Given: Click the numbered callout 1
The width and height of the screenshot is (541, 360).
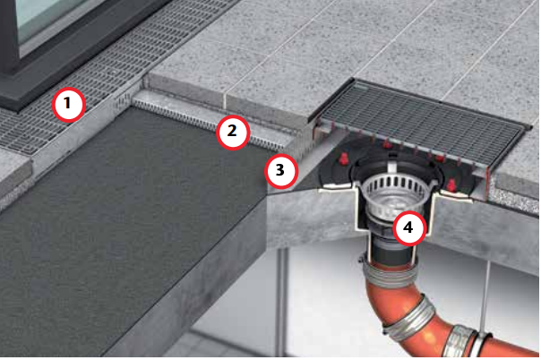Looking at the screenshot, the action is click(x=69, y=105).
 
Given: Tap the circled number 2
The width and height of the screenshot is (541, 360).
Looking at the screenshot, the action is click(x=233, y=132).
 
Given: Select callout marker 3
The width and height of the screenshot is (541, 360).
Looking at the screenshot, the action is click(x=281, y=171).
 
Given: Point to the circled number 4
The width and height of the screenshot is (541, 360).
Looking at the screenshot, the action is click(x=409, y=228).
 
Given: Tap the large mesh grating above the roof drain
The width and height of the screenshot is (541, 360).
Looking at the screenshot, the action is click(x=421, y=121).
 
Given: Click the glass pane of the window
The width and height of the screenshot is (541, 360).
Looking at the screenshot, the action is click(x=45, y=17).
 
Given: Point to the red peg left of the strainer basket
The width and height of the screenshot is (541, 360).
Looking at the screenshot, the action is click(x=343, y=159).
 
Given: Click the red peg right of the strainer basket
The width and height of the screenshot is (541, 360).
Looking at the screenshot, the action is click(x=451, y=186).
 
